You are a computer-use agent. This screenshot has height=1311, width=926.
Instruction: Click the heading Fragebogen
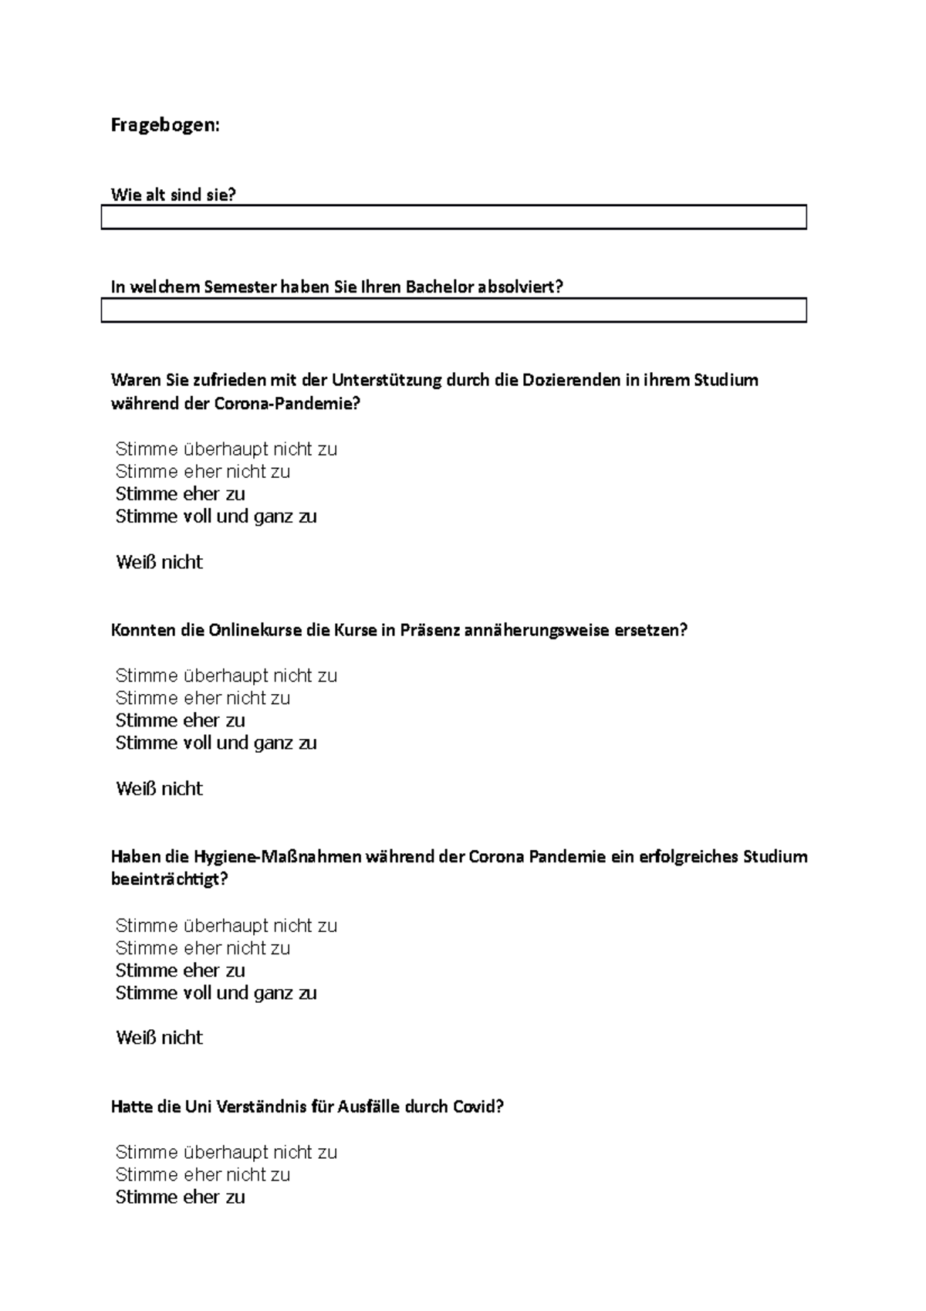[x=165, y=125]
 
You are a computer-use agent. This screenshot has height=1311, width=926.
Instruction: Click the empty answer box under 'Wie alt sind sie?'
[x=454, y=217]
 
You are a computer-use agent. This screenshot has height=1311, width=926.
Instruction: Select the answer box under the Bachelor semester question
[x=454, y=310]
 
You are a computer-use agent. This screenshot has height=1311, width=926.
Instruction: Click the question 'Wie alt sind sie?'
[x=173, y=195]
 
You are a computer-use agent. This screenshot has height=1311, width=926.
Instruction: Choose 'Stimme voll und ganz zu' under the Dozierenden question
[x=216, y=517]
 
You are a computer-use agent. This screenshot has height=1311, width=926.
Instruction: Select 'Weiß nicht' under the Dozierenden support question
[x=159, y=562]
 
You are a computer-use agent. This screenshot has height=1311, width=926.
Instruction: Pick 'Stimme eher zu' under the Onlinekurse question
[x=180, y=720]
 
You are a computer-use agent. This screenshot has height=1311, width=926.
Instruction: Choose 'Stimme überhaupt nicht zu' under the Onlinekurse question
[x=226, y=676]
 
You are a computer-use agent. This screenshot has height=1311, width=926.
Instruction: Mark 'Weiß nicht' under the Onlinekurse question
[x=159, y=788]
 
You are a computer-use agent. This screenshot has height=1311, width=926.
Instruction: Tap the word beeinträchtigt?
[x=170, y=879]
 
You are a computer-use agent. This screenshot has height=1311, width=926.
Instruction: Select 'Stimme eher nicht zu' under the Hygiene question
[x=202, y=948]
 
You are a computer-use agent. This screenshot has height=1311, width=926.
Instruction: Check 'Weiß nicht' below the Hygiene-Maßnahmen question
[x=159, y=1038]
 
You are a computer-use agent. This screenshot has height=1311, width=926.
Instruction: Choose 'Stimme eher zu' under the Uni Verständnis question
[x=180, y=1198]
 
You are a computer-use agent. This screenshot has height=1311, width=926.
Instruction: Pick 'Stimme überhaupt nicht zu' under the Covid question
[x=226, y=1153]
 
